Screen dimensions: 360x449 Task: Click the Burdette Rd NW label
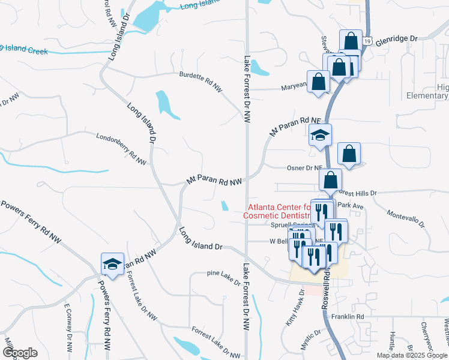tap(200, 83)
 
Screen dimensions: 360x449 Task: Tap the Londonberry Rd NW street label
tap(121, 149)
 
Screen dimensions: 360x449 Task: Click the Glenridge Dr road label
tap(396, 38)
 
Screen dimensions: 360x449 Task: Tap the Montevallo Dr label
tap(405, 219)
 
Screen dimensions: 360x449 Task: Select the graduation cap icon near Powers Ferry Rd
tap(112, 263)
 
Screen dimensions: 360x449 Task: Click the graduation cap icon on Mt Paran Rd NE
tap(320, 136)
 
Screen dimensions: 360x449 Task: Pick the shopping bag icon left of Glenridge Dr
tap(350, 41)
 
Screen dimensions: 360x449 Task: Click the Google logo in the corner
tap(20, 353)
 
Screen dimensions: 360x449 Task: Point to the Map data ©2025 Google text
tap(412, 355)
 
